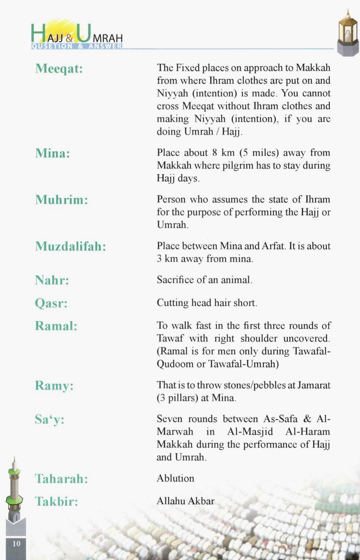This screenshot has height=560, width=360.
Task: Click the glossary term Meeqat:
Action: pyautogui.click(x=59, y=69)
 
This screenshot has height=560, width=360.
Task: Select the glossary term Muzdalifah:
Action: pyautogui.click(x=70, y=247)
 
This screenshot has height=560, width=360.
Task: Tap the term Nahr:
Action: pyautogui.click(x=52, y=280)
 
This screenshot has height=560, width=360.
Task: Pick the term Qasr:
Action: pyautogui.click(x=51, y=303)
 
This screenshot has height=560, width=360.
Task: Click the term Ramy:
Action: pyautogui.click(x=54, y=386)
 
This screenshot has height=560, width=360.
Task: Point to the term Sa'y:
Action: pyautogui.click(x=50, y=419)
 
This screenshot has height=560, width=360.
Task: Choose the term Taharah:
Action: pyautogui.click(x=61, y=479)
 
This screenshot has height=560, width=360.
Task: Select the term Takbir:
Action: pyautogui.click(x=56, y=502)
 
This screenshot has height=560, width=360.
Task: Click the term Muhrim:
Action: pyautogui.click(x=62, y=200)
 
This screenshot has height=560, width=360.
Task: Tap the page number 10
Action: pyautogui.click(x=16, y=544)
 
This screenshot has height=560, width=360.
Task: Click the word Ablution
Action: pyautogui.click(x=175, y=478)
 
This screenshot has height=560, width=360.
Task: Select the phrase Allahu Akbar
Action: pyautogui.click(x=185, y=501)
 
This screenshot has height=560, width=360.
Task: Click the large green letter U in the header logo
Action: pyautogui.click(x=84, y=33)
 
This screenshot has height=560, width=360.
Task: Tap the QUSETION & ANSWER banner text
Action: pyautogui.click(x=77, y=46)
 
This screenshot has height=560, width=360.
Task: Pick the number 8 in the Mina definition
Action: pyautogui.click(x=214, y=153)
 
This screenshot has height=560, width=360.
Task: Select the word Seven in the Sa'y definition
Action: pyautogui.click(x=169, y=419)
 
